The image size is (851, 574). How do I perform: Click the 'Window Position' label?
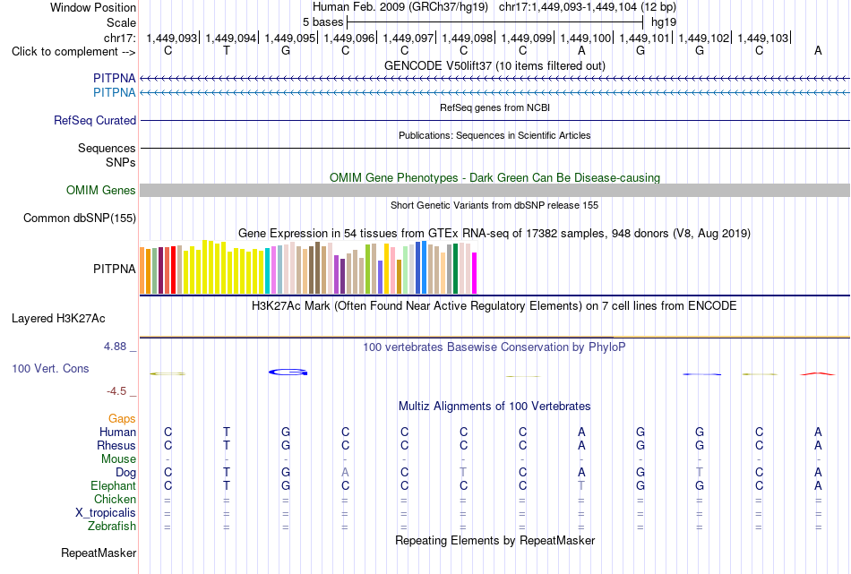93,7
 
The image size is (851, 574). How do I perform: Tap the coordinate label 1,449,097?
408,38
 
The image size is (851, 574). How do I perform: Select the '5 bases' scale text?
322,22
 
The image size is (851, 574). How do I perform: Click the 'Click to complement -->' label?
73,52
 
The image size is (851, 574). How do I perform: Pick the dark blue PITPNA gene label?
114,78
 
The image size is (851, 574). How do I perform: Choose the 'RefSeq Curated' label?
95,121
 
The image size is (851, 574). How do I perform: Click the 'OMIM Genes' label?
101,191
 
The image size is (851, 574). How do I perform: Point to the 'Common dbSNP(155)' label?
80,218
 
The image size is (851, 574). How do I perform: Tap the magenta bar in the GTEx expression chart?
475,273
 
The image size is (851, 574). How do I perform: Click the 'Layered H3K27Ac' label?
58,319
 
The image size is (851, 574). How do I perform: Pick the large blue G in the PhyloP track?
288,373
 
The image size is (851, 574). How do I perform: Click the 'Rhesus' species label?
116,445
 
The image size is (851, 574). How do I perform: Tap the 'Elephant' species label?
114,485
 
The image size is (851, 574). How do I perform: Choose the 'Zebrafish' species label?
112,526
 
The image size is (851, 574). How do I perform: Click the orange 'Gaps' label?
122,418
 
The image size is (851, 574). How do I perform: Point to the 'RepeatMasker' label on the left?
99,553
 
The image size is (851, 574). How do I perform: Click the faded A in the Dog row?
345,473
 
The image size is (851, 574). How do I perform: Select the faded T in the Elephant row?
581,485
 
